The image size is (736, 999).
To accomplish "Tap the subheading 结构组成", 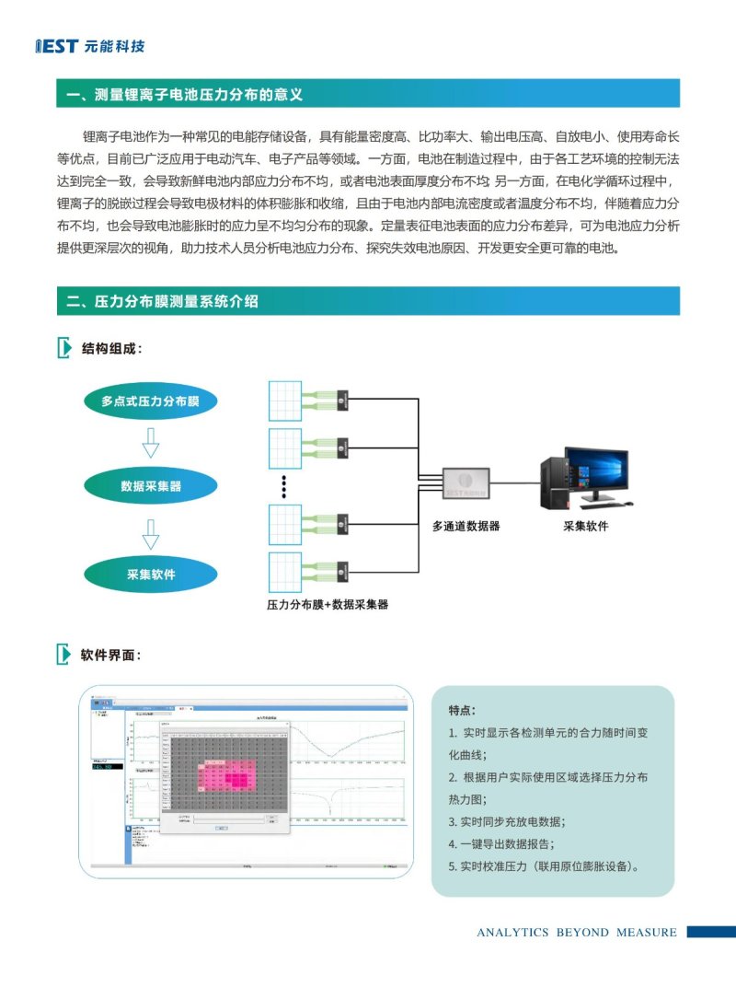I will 111,348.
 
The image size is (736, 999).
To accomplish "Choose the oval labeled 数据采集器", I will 151,485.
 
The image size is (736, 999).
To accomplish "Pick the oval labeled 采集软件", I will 151,575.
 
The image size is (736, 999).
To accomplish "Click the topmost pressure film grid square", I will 290,401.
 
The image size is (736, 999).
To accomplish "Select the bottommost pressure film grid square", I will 290,575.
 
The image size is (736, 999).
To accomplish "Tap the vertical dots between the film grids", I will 284,488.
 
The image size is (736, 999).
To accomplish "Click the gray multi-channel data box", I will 466,482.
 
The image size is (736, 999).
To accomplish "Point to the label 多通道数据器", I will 466,527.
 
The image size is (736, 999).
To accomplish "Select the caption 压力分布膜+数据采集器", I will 328,605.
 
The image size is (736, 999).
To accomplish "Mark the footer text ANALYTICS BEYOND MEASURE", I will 576,932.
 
